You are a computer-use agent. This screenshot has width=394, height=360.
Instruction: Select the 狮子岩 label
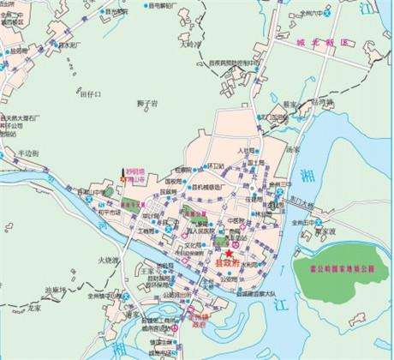(x=146, y=103)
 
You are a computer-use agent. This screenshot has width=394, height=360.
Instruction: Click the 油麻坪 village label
(x=57, y=289)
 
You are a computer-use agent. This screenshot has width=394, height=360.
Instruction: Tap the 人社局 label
(x=248, y=151)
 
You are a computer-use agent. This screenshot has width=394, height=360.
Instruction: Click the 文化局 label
(x=197, y=244)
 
